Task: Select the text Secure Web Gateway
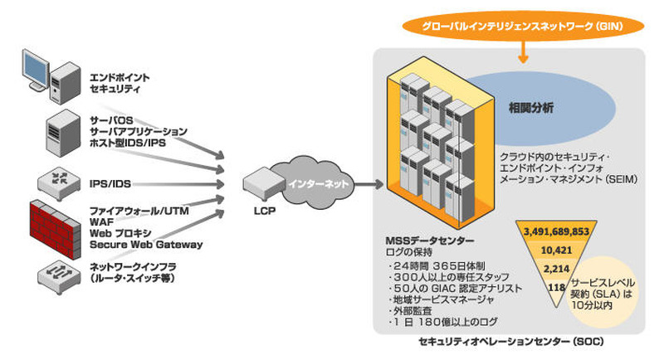tap(146, 245)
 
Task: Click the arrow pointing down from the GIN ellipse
tap(522, 54)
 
